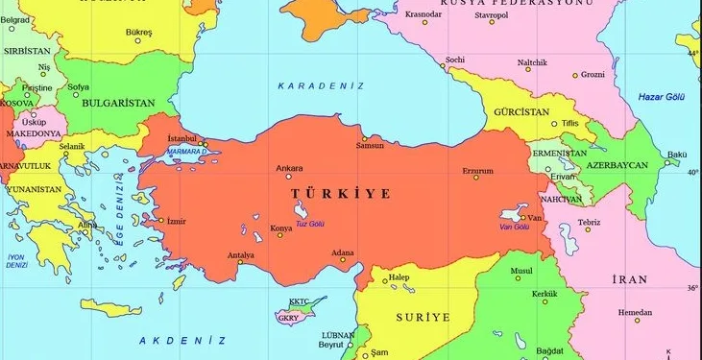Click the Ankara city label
tap(289, 168)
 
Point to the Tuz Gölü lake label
tap(310, 224)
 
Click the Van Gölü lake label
tap(514, 228)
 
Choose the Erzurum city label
tap(477, 171)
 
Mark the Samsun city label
tap(370, 146)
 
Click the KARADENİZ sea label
tap(321, 86)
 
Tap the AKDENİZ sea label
tap(182, 341)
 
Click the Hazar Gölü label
tap(663, 96)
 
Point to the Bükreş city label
tap(139, 32)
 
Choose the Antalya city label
tap(239, 255)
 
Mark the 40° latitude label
tap(692, 173)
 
